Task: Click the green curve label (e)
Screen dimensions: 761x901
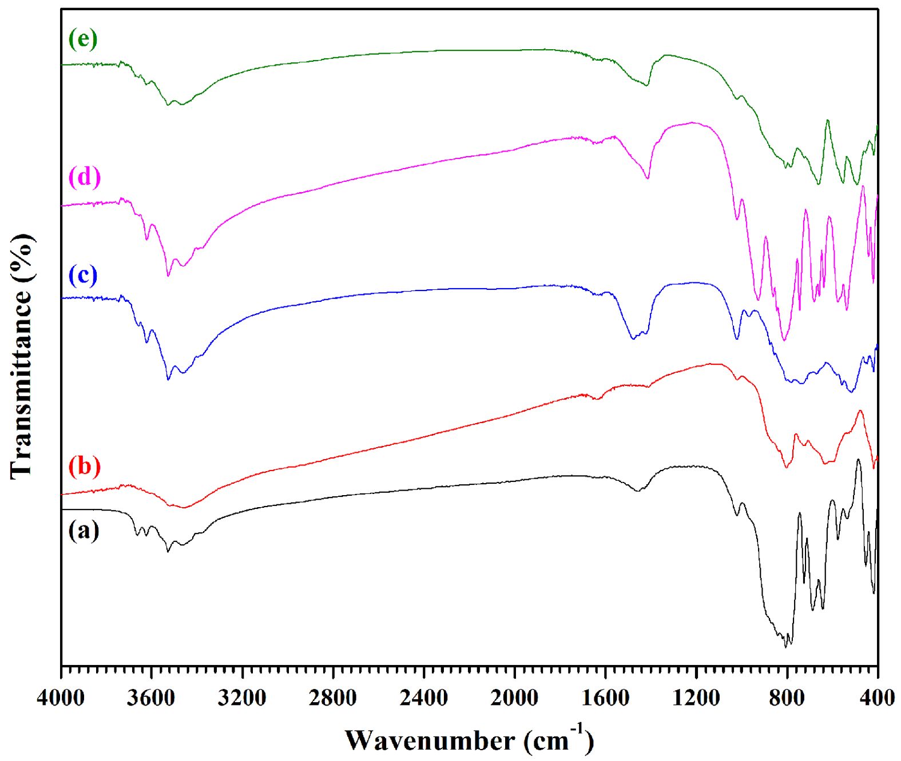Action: click(x=83, y=39)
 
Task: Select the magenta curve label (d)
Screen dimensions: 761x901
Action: click(x=85, y=177)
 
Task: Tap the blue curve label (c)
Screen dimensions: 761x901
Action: click(x=83, y=276)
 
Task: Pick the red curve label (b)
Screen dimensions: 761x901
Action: click(x=85, y=466)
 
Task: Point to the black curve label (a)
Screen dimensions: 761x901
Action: click(x=84, y=531)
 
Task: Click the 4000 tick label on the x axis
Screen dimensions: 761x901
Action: click(x=61, y=698)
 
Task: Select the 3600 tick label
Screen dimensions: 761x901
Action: click(x=152, y=698)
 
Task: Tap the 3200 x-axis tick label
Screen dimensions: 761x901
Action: click(x=242, y=698)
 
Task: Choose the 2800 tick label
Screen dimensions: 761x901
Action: click(x=333, y=698)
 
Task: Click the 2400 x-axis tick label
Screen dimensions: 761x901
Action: click(x=424, y=698)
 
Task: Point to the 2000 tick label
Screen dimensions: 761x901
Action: click(x=514, y=698)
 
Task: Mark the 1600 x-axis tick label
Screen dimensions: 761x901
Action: click(x=605, y=698)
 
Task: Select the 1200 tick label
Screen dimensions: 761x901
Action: click(x=696, y=698)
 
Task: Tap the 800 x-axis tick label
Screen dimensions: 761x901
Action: click(x=787, y=698)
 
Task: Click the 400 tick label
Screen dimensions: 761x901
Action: click(x=877, y=698)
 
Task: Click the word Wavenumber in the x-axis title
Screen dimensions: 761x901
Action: click(x=430, y=741)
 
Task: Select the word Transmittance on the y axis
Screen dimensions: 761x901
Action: click(x=22, y=384)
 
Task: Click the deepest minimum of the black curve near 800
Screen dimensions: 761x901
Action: click(x=785, y=647)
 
